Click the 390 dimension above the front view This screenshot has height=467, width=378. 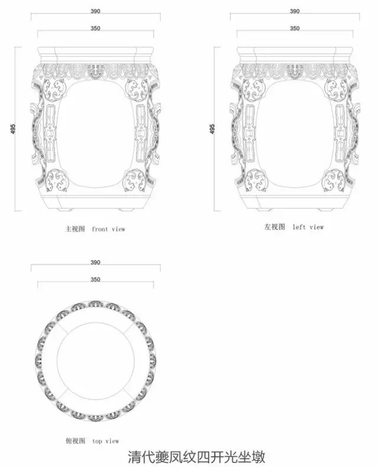96,11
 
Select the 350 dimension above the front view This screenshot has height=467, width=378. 96,28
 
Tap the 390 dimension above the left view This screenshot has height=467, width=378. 295,11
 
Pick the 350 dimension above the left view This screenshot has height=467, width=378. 295,28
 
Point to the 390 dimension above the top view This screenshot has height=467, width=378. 96,262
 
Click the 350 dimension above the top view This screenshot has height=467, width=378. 96,279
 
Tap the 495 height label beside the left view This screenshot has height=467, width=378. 212,129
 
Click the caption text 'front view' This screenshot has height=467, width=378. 109,229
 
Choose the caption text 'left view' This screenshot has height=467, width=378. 308,227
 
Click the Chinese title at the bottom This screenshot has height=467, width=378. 197,456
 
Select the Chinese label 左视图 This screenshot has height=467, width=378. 275,227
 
